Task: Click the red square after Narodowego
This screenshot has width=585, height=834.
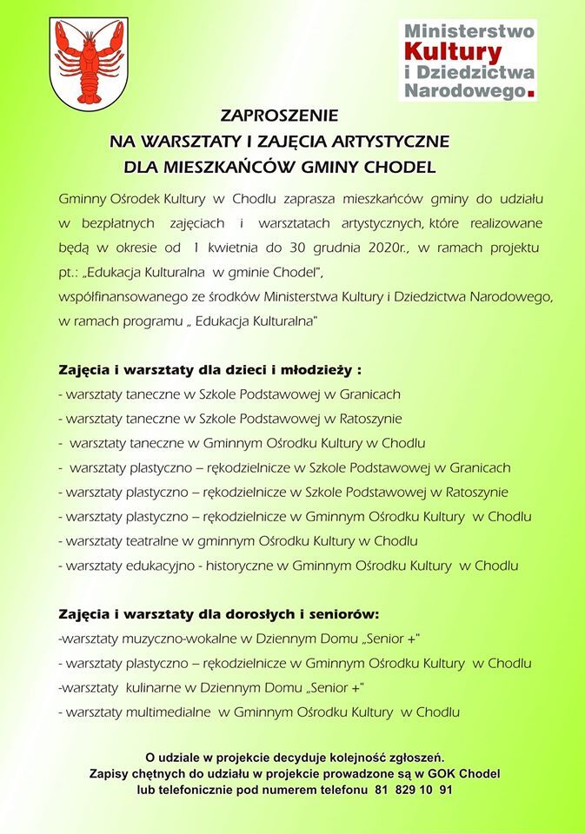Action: pyautogui.click(x=532, y=90)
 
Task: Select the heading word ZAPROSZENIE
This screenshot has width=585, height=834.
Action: pyautogui.click(x=278, y=115)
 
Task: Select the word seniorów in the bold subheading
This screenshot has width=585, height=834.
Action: pyautogui.click(x=341, y=614)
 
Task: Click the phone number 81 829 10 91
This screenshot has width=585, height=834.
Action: pyautogui.click(x=413, y=791)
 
